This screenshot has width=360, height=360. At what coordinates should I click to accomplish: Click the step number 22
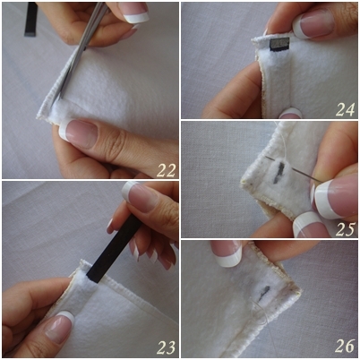tap(166, 170)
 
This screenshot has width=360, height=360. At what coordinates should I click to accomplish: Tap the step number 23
tap(167, 347)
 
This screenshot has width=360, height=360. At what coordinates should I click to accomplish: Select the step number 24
tap(346, 109)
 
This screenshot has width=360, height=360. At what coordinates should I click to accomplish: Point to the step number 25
tap(346, 229)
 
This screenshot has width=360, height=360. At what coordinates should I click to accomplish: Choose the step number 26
tap(345, 346)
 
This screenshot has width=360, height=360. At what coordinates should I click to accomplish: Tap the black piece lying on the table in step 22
tap(30, 19)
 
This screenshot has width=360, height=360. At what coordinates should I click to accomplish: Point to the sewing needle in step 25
tap(293, 169)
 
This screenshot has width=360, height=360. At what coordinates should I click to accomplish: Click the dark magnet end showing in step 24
tap(279, 44)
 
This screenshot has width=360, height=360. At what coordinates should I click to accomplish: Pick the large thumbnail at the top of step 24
tap(313, 24)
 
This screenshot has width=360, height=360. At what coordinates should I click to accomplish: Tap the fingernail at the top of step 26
tap(227, 253)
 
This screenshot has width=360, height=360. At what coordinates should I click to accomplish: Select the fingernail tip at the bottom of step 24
tap(291, 113)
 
